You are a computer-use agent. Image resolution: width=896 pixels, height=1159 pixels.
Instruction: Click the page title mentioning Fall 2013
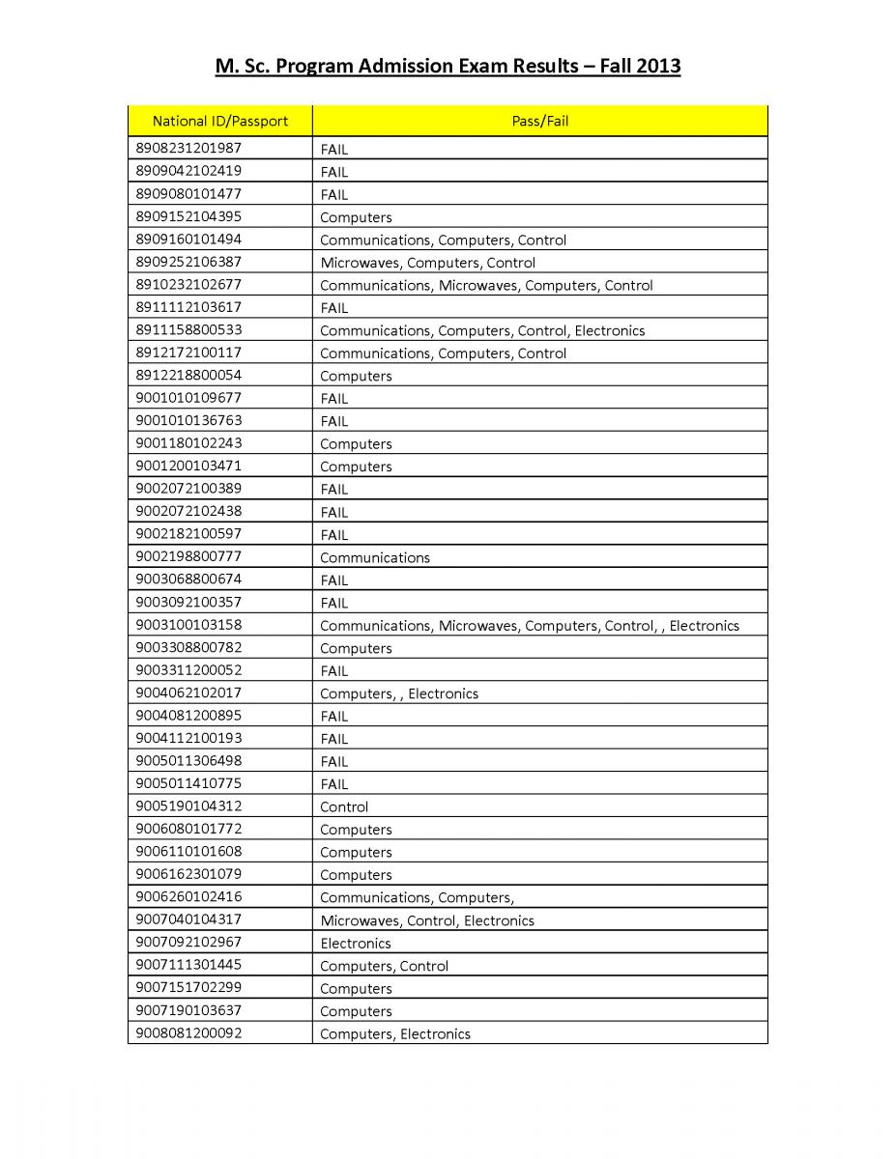[448, 67]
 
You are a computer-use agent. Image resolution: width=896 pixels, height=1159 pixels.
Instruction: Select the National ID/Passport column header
[219, 121]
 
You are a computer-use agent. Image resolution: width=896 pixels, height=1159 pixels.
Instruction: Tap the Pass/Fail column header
[539, 121]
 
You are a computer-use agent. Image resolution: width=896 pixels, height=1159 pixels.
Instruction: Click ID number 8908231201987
[188, 148]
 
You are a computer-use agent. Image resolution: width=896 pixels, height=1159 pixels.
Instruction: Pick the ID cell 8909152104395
[188, 216]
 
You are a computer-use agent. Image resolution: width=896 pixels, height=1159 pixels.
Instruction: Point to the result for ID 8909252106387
[427, 263]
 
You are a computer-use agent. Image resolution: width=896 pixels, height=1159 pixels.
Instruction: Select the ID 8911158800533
[188, 330]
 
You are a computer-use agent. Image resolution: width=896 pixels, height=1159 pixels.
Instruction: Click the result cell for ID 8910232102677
[486, 285]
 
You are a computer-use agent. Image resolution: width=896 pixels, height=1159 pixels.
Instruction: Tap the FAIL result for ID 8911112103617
[333, 308]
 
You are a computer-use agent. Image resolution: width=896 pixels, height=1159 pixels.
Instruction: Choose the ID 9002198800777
[188, 557]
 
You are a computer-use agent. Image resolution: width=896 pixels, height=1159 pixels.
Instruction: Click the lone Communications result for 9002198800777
[375, 557]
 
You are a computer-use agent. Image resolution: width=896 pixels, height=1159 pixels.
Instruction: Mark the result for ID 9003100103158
[529, 626]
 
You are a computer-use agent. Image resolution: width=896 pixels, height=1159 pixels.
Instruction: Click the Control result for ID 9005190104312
[344, 807]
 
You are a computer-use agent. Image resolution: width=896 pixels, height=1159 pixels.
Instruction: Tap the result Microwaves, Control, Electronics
[427, 920]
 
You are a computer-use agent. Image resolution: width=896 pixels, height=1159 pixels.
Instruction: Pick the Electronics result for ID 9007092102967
[356, 944]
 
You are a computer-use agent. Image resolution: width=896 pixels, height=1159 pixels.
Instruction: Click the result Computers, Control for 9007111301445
[384, 966]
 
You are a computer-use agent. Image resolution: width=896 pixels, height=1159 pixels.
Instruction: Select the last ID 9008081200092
[188, 1033]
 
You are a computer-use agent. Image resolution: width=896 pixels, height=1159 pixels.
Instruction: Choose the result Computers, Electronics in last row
[395, 1034]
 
